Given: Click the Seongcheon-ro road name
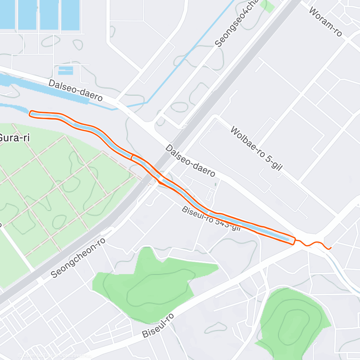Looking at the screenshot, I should (x=78, y=257).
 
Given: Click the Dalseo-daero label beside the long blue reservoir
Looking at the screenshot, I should (x=76, y=90).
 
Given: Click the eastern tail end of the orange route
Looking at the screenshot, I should (x=330, y=248).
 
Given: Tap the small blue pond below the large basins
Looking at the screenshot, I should (x=65, y=70).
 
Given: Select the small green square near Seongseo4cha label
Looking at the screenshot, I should (x=267, y=6).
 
